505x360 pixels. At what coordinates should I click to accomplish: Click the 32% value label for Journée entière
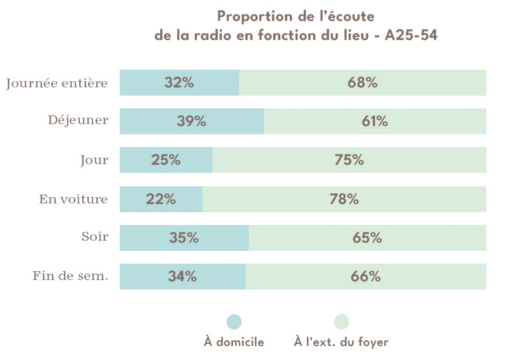pos(179,83)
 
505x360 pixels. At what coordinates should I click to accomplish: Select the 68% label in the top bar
pos(363,83)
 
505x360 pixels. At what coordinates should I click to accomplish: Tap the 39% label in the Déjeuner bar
pos(191,122)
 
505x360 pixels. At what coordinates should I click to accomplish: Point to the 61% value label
pos(374,122)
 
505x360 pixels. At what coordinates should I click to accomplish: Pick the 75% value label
pos(349,160)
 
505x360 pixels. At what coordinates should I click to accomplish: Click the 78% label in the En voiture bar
pos(344,199)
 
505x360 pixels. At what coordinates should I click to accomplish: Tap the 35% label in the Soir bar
pos(184,238)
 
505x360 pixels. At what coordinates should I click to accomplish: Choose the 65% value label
pos(367,238)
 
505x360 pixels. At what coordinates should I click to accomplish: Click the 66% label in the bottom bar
pos(366,277)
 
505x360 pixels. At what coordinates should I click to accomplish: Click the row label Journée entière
pos(57,83)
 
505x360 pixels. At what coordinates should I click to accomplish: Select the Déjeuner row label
pos(75,121)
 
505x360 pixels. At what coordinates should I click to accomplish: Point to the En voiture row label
pos(73,199)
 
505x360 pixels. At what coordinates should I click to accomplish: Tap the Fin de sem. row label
pos(70,277)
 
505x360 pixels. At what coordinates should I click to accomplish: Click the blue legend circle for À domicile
pos(233,322)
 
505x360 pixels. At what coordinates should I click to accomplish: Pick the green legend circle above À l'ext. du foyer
pos(341,322)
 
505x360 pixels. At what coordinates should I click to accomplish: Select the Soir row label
pos(95,237)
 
